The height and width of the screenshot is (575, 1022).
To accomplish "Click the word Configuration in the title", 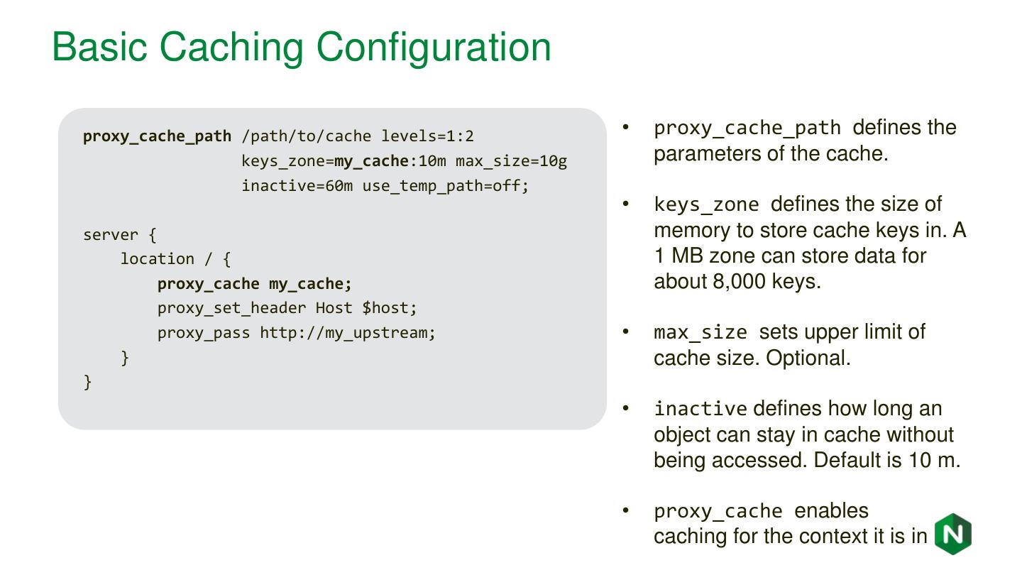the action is pyautogui.click(x=434, y=47).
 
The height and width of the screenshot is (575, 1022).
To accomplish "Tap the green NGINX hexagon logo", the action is pyautogui.click(x=952, y=534).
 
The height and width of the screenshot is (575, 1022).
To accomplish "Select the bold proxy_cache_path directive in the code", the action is pyautogui.click(x=157, y=136).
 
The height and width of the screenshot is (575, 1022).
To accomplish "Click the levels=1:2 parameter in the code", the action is pyautogui.click(x=427, y=136).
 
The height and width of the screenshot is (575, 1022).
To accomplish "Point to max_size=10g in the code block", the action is pyautogui.click(x=511, y=161).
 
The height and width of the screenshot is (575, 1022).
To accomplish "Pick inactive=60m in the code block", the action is pyautogui.click(x=297, y=186).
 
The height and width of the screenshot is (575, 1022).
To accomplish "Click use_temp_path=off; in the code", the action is pyautogui.click(x=446, y=186).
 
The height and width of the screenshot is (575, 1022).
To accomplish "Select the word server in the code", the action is pyautogui.click(x=111, y=235).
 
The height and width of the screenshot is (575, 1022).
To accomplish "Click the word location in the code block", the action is pyautogui.click(x=157, y=259).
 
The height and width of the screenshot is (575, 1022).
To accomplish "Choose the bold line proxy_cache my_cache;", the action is pyautogui.click(x=254, y=284).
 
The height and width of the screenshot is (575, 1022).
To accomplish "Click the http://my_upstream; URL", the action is pyautogui.click(x=348, y=333).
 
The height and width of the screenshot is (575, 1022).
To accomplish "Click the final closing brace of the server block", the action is pyautogui.click(x=88, y=382).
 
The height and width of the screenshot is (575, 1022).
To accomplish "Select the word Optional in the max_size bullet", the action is pyautogui.click(x=808, y=358).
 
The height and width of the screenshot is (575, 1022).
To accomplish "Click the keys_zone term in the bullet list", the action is pyautogui.click(x=706, y=205).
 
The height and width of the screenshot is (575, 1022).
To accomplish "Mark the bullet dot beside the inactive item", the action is pyautogui.click(x=626, y=408).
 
